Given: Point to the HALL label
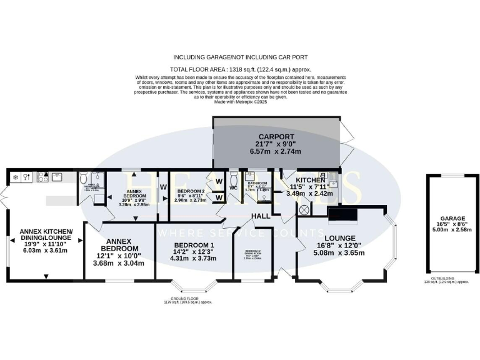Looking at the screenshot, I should pos(261,216).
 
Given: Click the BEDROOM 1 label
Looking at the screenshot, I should pos(194,245).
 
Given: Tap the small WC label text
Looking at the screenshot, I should pos(234,187).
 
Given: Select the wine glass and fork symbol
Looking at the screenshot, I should pos(27,177).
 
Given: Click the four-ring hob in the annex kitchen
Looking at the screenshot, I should pos(44,177).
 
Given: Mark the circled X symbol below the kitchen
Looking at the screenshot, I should pos(304,210).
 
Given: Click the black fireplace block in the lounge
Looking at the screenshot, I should pos(342,216).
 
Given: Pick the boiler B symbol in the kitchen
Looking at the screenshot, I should pos(322,176).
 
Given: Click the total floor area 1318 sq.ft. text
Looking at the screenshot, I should pos(241,69).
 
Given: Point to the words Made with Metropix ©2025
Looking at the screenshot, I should pos(241,101).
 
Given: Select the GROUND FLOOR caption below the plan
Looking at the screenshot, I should pos(188,300).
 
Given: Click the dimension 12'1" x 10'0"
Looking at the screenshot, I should pos(118,255).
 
